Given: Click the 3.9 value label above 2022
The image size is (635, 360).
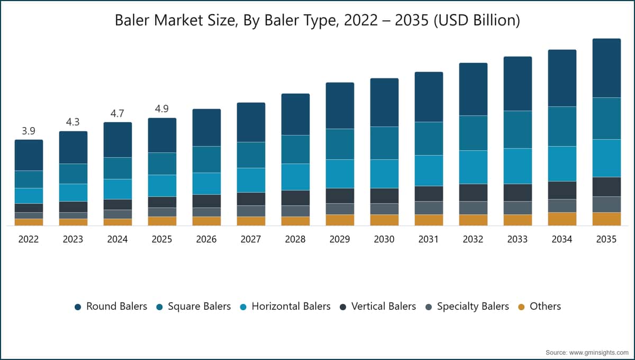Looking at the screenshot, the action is [29, 131].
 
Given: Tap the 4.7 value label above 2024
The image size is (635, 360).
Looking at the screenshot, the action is [117, 113].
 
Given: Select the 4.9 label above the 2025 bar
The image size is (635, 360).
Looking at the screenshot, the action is [162, 109].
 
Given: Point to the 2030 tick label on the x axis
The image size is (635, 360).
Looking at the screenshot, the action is [384, 239].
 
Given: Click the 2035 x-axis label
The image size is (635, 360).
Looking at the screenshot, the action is [606, 239].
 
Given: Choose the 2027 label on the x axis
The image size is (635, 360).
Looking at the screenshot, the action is [251, 239].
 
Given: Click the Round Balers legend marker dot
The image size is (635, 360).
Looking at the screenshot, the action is [78, 307].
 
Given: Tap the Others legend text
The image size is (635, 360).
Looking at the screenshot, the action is [545, 307].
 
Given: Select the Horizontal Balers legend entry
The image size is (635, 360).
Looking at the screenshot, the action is [285, 307].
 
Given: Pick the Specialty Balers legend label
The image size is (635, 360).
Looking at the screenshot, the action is [473, 307].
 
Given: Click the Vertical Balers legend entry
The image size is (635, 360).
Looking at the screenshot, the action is [378, 307].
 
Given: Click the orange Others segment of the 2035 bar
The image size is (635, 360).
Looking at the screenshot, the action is [606, 219].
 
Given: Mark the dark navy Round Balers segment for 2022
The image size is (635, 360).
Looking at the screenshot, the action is [29, 155].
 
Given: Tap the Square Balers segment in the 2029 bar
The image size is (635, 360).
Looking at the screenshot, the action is [340, 144].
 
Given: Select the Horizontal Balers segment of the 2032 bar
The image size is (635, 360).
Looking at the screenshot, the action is [474, 167].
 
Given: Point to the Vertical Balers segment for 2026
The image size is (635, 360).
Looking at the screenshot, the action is [207, 201].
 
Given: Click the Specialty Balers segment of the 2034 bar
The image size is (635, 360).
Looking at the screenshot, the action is [562, 206].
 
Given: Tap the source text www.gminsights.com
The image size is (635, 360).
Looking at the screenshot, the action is [598, 353].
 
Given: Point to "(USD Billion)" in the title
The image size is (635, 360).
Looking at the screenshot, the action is [477, 21].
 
